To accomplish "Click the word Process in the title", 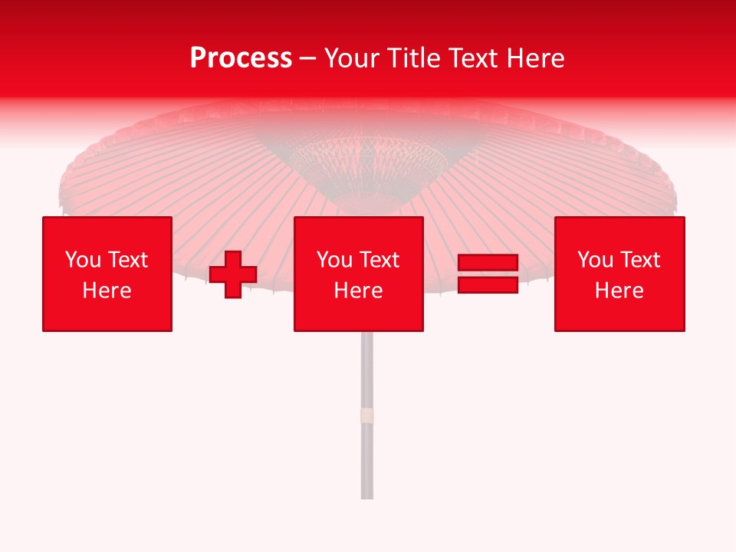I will click(241, 58).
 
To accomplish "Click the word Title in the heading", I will click(414, 58).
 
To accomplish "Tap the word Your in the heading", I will click(353, 58).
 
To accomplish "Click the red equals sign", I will click(488, 274).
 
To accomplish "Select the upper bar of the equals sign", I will click(488, 264).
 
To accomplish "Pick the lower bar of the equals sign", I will click(488, 285).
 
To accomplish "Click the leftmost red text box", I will click(107, 274).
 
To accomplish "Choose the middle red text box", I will click(359, 274).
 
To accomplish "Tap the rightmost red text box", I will click(619, 274).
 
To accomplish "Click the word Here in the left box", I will click(107, 291).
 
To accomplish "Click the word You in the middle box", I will click(334, 260).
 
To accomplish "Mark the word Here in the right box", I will click(619, 291).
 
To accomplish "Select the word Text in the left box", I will click(128, 260).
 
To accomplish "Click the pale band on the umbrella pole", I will click(367, 416).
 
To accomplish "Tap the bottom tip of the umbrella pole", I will click(367, 497).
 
